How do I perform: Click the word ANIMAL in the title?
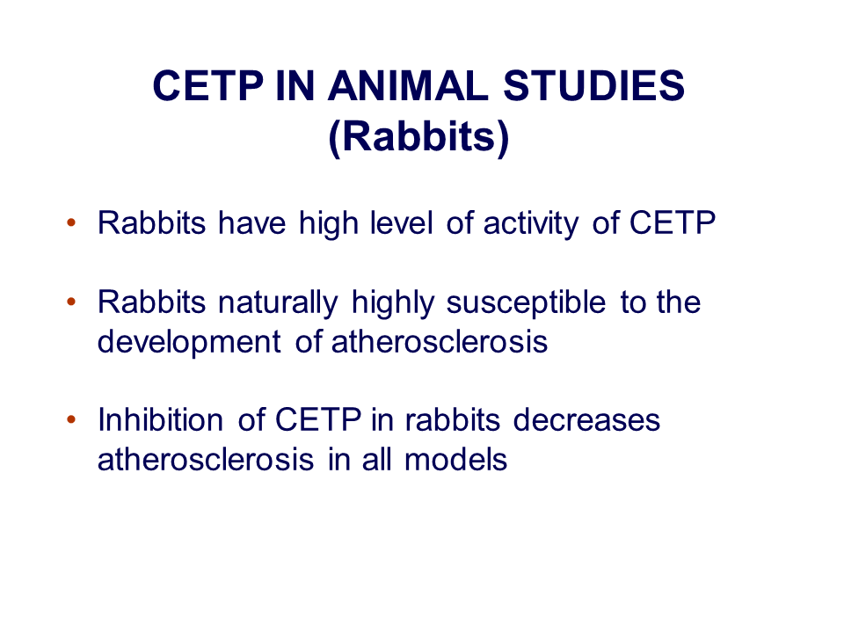click(408, 85)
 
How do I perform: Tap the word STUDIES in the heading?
click(593, 85)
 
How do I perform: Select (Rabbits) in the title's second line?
click(418, 137)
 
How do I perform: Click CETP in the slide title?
click(207, 85)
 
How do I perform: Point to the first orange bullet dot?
click(71, 222)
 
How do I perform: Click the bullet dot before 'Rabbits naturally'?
click(71, 302)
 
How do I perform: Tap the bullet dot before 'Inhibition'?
click(71, 419)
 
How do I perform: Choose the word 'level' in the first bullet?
click(401, 222)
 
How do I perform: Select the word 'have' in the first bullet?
click(252, 222)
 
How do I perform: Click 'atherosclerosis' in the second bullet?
click(440, 342)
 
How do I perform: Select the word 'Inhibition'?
click(160, 420)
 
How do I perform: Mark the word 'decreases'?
click(586, 420)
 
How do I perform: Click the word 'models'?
click(455, 460)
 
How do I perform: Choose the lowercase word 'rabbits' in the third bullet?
click(453, 420)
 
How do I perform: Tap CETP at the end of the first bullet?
click(673, 222)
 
